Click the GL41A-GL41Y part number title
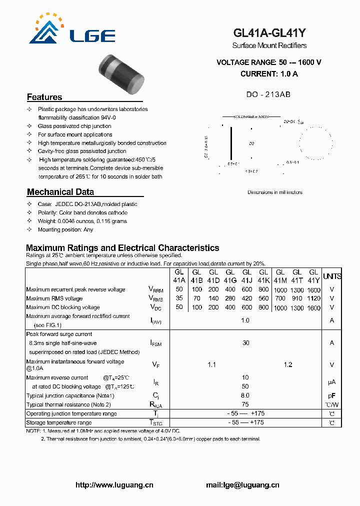(269, 33)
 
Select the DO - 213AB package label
(268, 94)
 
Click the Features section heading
(44, 97)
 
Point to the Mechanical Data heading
(60, 192)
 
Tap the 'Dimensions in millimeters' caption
(274, 192)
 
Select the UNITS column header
(332, 276)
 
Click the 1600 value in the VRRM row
(314, 290)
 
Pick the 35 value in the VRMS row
(179, 298)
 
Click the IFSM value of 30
(245, 343)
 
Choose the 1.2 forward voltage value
(288, 365)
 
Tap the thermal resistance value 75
(245, 404)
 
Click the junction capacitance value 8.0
(245, 395)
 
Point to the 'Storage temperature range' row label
(59, 422)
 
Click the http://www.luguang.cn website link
(114, 484)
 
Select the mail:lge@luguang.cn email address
(242, 484)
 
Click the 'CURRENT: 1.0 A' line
(269, 74)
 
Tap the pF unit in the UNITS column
(332, 395)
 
